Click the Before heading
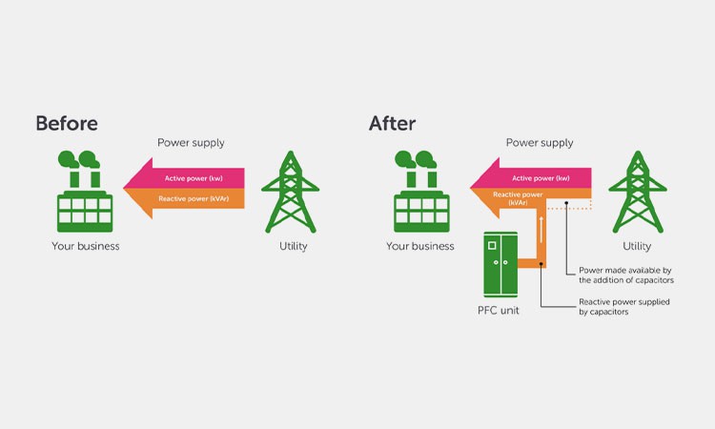click(x=67, y=123)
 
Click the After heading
click(x=392, y=123)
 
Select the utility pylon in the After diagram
click(x=631, y=192)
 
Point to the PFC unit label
click(x=498, y=311)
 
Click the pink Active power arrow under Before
click(x=191, y=178)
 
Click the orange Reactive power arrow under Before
click(x=191, y=198)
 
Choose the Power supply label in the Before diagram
click(x=191, y=143)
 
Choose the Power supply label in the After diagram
click(x=540, y=143)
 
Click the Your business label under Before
click(x=86, y=246)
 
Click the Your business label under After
click(x=419, y=246)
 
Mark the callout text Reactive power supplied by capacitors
click(x=624, y=306)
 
